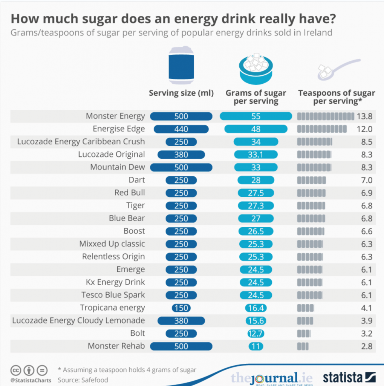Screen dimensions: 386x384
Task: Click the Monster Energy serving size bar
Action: (181, 116)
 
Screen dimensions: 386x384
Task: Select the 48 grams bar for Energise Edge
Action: (256, 129)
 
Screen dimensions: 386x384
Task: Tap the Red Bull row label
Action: (130, 193)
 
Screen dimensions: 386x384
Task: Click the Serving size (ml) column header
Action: (181, 93)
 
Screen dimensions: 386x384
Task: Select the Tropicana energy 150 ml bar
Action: (181, 308)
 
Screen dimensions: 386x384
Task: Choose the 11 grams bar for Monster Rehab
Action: (256, 346)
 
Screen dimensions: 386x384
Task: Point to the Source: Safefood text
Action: (83, 380)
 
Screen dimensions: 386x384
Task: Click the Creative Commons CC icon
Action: (16, 370)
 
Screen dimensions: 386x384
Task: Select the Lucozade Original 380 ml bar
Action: (181, 155)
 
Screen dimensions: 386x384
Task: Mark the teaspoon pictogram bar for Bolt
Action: (304, 333)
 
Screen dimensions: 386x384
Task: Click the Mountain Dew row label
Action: (117, 167)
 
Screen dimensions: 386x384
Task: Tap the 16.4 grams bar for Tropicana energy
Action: (256, 308)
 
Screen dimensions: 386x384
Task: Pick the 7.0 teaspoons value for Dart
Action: (366, 180)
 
